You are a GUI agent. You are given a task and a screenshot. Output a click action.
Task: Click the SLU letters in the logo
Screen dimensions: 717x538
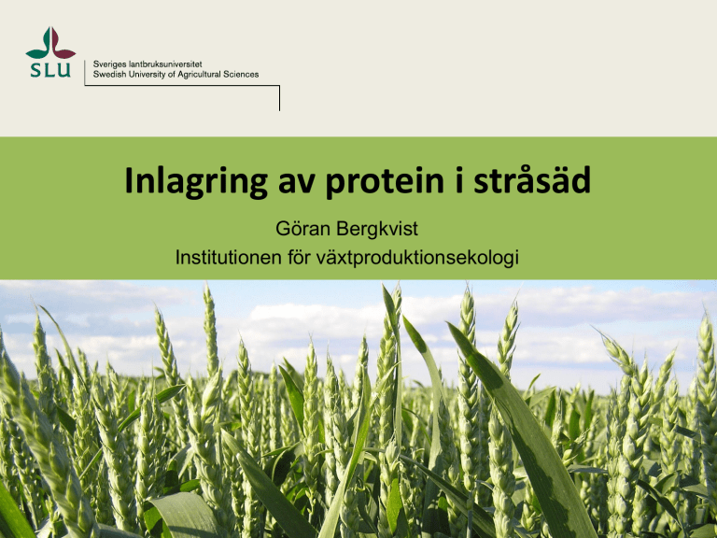tap(50, 70)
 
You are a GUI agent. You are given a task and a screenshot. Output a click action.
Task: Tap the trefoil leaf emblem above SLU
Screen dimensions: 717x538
tap(50, 43)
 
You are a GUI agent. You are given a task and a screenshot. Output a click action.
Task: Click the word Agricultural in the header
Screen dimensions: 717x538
tap(199, 75)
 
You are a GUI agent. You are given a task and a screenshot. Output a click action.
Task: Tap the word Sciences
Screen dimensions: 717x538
tap(241, 74)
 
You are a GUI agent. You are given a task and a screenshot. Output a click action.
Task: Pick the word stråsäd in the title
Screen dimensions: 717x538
tap(532, 179)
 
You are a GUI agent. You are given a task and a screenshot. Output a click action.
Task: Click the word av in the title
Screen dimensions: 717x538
tap(297, 183)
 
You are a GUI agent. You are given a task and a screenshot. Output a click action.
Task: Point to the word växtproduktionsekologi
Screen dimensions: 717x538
tap(417, 258)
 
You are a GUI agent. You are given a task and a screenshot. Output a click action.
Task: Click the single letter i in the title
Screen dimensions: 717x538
tap(459, 179)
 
